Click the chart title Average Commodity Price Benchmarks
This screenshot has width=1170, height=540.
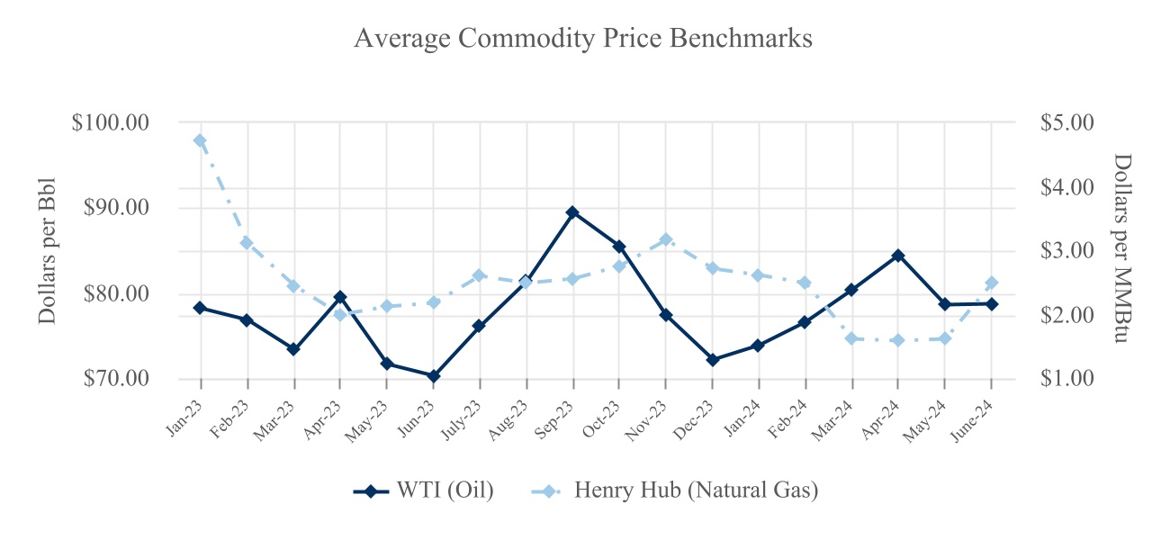point(583,39)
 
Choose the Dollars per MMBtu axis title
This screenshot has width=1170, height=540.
point(1121,249)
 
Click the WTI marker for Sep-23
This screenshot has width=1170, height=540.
point(572,212)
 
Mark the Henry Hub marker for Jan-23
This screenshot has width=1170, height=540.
point(200,140)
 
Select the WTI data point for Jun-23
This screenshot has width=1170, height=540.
point(433,376)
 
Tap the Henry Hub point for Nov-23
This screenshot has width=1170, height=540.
point(666,239)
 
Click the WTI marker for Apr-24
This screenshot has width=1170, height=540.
point(898,256)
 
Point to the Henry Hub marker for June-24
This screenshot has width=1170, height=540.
point(992,283)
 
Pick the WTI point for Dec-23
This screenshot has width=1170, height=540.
point(713,360)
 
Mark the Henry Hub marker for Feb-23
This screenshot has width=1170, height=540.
point(247,243)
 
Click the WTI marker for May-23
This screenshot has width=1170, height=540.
point(386,364)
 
